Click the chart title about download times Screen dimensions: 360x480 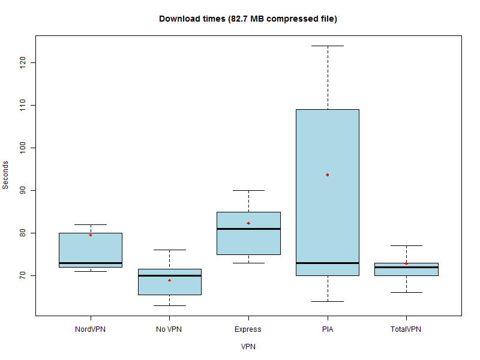(248, 19)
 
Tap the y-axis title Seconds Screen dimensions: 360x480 (6, 175)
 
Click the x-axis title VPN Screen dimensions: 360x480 (248, 346)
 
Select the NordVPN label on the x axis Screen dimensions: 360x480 (90, 329)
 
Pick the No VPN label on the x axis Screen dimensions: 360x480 (169, 329)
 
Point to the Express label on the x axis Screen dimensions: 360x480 (248, 329)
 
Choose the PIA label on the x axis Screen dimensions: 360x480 (328, 329)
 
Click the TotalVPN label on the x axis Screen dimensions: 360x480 (406, 329)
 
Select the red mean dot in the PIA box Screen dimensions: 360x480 (328, 175)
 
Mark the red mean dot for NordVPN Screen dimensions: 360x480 (91, 235)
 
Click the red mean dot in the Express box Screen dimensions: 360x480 (248, 223)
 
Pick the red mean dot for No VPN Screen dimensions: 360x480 (169, 280)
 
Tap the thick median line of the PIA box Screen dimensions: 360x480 (328, 263)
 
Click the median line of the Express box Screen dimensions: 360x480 (248, 229)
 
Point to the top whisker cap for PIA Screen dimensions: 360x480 (328, 46)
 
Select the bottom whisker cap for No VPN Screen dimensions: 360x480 (169, 305)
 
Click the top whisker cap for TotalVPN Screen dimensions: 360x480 (406, 245)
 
